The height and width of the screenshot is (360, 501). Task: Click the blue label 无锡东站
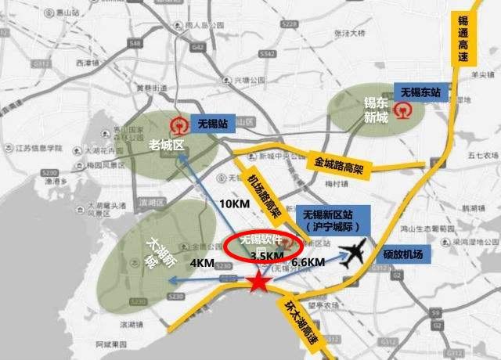point(420,92)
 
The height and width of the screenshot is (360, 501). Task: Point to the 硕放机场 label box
point(403,254)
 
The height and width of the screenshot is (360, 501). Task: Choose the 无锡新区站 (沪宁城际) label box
point(332,220)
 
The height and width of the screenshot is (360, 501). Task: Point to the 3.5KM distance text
point(265,256)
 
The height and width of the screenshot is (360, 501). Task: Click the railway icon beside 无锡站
point(178,124)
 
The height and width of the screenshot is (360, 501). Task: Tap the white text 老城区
point(166,144)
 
